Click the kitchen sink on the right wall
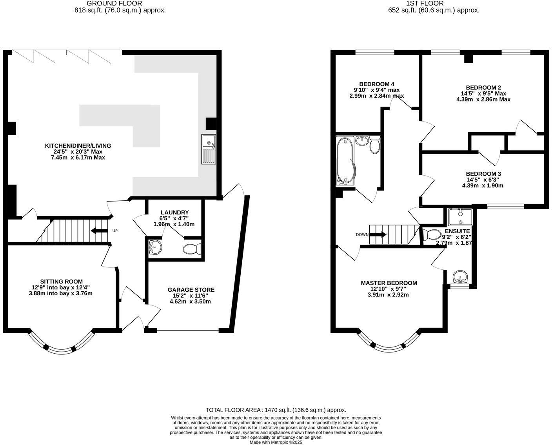point(209,149)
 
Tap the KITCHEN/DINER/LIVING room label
point(78,146)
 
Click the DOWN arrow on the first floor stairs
point(378,234)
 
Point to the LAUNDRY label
point(174,213)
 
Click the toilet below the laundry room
point(192,249)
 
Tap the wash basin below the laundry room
point(156,247)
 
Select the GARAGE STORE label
point(191,290)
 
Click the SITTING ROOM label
point(62,282)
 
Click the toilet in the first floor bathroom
point(374,144)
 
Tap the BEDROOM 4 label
point(376,84)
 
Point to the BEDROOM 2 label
point(483,87)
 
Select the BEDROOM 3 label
point(483,174)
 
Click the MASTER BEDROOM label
point(389,283)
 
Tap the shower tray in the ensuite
point(460,217)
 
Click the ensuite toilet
point(431,234)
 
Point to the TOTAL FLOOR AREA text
point(276,410)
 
